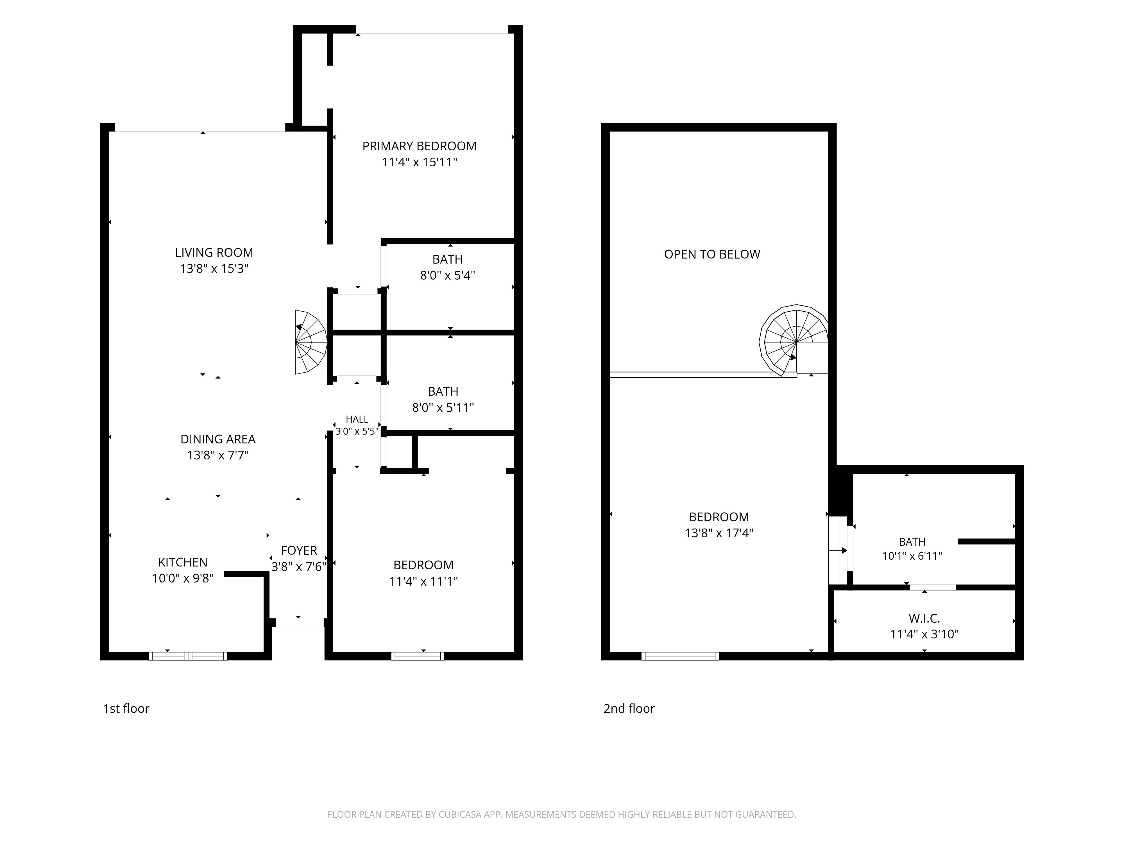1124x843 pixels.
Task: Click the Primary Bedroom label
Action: pos(419,146)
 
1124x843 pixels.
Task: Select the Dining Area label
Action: pos(218,439)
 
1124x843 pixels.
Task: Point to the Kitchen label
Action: pos(183,562)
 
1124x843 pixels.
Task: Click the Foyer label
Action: pos(299,550)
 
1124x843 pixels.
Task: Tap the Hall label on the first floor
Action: pos(357,419)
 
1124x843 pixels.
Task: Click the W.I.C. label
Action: pos(924,618)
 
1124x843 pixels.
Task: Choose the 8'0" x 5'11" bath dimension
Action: pos(443,407)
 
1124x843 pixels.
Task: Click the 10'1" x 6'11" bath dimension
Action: pos(912,556)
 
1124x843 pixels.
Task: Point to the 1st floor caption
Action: pos(126,708)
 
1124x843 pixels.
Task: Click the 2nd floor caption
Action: pos(629,708)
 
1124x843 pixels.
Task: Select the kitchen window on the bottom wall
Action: pos(188,656)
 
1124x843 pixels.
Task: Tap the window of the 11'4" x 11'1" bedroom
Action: pos(418,656)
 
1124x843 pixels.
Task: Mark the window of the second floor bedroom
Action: pos(680,656)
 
